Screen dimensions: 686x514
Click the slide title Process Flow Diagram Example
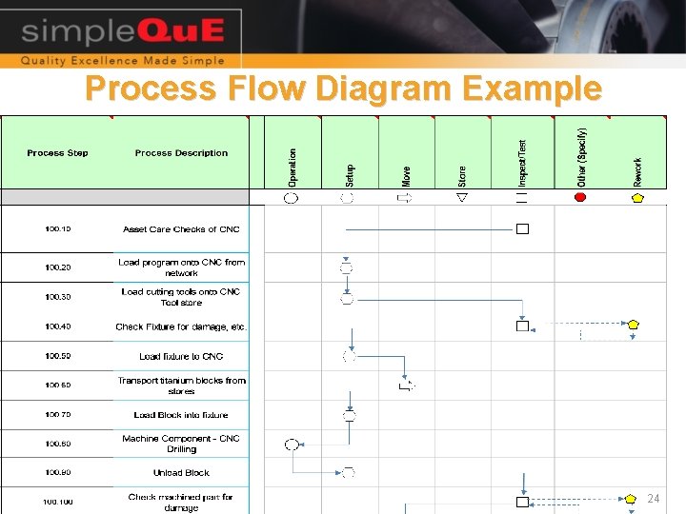tap(343, 89)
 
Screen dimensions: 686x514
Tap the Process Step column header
tap(57, 153)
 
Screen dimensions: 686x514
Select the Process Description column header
tap(181, 153)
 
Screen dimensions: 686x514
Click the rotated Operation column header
tap(293, 166)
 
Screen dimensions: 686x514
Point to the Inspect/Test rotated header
tap(521, 162)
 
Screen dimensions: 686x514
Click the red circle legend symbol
tap(580, 197)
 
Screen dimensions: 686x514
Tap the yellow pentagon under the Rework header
tap(637, 198)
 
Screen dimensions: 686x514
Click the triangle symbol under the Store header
tap(462, 197)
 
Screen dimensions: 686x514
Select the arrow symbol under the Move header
tap(405, 197)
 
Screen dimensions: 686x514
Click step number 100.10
tap(57, 229)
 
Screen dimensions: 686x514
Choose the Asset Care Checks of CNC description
tap(181, 229)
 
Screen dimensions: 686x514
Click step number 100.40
tap(57, 326)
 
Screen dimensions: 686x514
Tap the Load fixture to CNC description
tap(181, 356)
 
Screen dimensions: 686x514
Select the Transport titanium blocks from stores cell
tap(181, 385)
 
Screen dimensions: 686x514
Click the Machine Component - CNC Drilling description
tap(181, 444)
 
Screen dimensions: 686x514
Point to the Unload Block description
tap(181, 473)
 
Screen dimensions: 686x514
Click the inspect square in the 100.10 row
tap(522, 228)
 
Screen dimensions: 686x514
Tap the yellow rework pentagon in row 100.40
tap(634, 325)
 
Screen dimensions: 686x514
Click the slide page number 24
tap(653, 499)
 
